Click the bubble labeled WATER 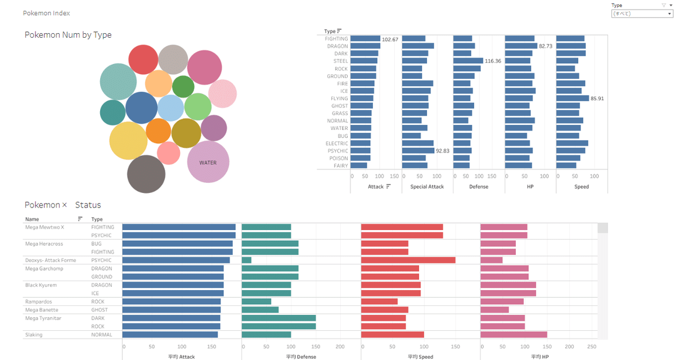(x=208, y=162)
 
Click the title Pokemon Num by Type (x=68, y=35)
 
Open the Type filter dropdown (x=642, y=13)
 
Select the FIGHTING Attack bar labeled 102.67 (x=366, y=39)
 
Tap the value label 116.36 (x=493, y=61)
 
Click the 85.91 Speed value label (x=597, y=98)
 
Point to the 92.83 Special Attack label (x=443, y=151)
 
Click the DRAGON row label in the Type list (x=337, y=46)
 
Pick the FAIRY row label (x=341, y=165)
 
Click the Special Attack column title (x=427, y=187)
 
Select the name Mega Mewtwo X (x=45, y=227)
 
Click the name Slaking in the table (x=34, y=335)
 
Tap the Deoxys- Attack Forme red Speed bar (x=408, y=260)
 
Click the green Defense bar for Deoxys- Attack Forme (x=246, y=260)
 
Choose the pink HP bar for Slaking (x=514, y=335)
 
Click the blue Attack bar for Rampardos (x=172, y=301)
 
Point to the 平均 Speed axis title (x=421, y=357)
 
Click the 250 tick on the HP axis (x=592, y=346)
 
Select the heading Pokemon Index (x=47, y=13)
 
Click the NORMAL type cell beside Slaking (x=102, y=335)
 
